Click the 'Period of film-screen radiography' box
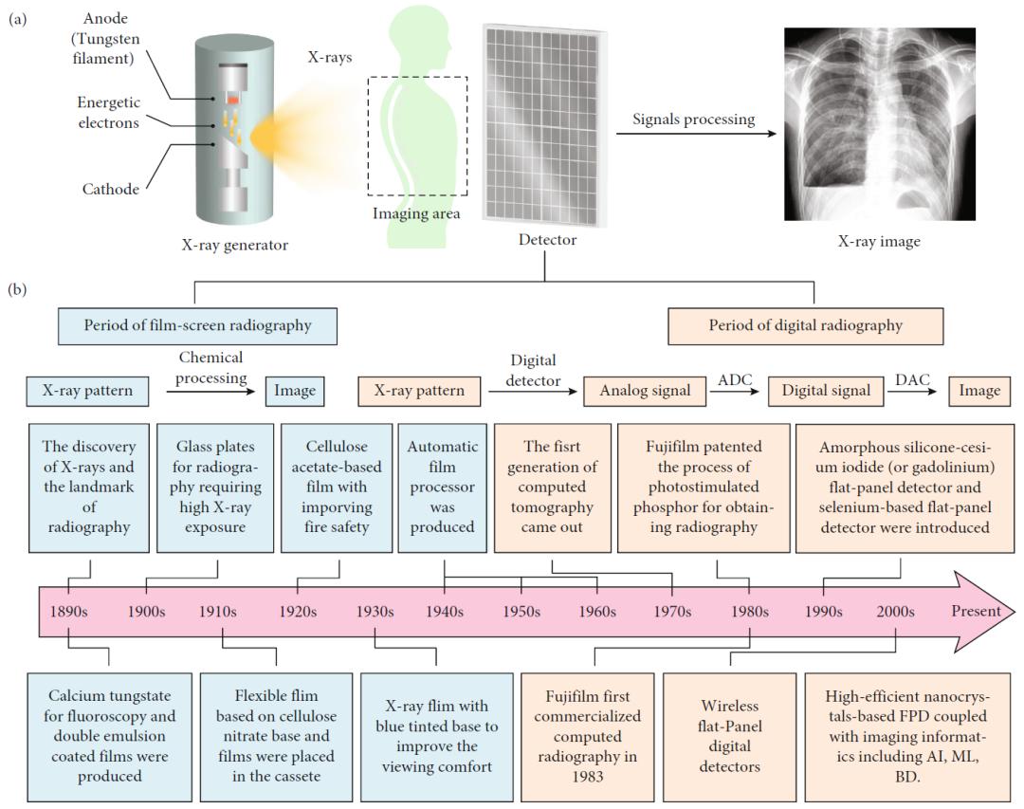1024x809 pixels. (197, 325)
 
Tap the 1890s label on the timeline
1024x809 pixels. (68, 611)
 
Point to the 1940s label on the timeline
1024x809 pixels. (444, 611)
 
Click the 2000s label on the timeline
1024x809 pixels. (895, 611)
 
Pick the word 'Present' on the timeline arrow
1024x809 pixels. (976, 611)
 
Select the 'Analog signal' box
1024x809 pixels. (643, 391)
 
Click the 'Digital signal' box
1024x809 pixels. (825, 391)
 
